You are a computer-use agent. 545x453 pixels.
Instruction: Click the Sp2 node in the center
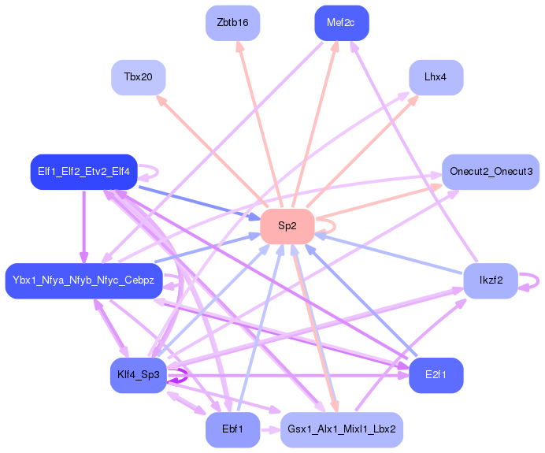tap(287, 226)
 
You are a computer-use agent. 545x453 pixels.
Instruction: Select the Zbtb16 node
tap(232, 23)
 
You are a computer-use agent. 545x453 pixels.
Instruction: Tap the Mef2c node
tap(341, 23)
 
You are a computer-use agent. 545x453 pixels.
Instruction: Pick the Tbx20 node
tap(138, 77)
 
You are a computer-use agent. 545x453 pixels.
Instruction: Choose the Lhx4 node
tap(436, 77)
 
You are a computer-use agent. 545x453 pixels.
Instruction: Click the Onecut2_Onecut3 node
tap(490, 172)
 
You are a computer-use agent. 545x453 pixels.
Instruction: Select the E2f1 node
tap(436, 375)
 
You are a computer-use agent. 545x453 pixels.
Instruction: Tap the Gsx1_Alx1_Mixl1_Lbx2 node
tap(341, 429)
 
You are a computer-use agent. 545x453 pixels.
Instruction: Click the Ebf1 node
tap(232, 429)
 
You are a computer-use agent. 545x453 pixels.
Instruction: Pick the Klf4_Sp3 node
tap(138, 375)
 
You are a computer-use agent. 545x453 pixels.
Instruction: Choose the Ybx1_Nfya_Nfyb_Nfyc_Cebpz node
tap(83, 280)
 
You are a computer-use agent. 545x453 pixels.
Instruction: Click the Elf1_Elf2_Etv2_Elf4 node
tap(83, 172)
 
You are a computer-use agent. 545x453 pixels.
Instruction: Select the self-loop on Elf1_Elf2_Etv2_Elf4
tap(155, 171)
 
